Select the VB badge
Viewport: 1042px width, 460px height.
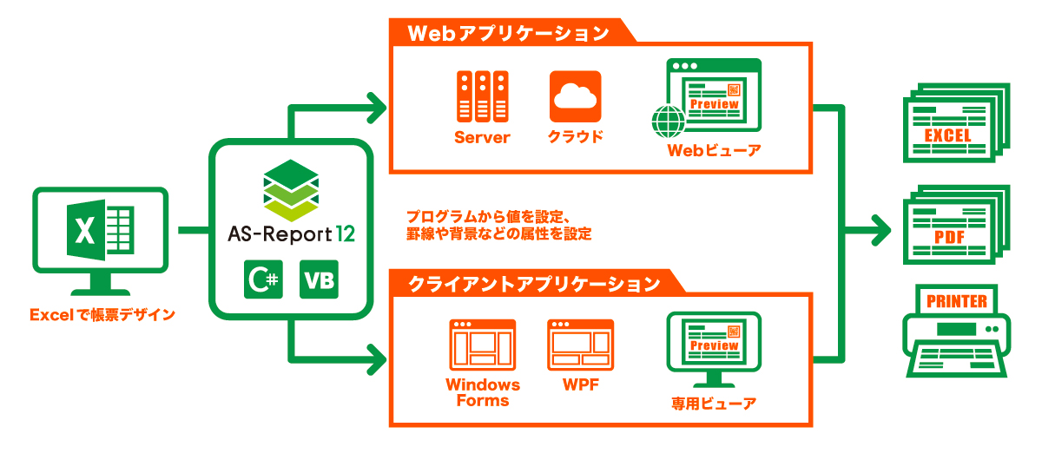(319, 279)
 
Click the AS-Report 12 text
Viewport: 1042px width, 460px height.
(291, 233)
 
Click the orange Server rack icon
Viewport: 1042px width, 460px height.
(482, 97)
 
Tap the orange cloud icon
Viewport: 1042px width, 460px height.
(576, 96)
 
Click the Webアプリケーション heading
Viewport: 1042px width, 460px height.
(508, 33)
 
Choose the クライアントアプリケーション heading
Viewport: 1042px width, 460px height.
(534, 283)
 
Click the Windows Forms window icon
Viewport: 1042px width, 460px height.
(482, 345)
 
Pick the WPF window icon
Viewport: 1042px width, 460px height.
(581, 345)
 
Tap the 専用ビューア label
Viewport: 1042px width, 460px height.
(713, 404)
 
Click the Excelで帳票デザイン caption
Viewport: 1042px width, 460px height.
(102, 315)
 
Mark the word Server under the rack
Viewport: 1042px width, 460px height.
(482, 138)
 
